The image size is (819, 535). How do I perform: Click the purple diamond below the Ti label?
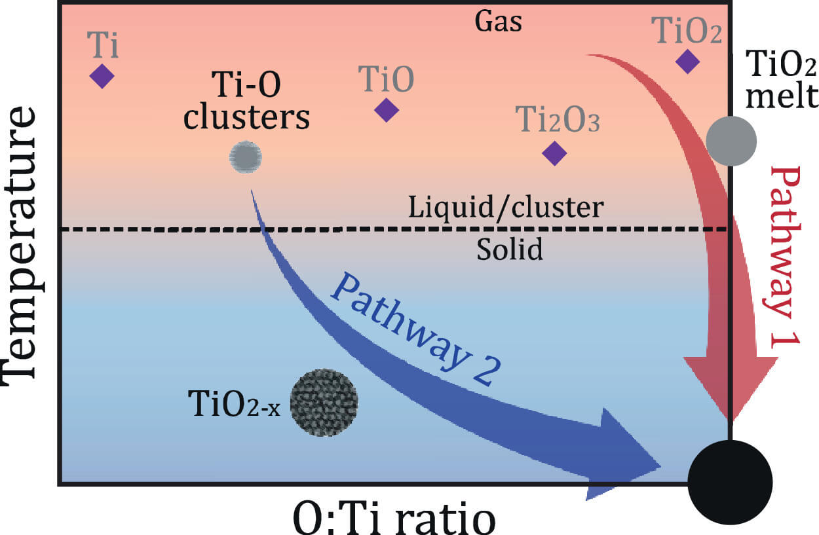click(x=102, y=76)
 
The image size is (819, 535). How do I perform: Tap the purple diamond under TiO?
click(x=387, y=109)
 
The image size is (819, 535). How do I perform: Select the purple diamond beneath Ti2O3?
click(x=555, y=153)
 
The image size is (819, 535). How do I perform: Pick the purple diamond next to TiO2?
click(x=687, y=61)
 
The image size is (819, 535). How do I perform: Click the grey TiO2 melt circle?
click(x=731, y=140)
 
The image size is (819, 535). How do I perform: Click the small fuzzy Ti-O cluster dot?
click(x=246, y=157)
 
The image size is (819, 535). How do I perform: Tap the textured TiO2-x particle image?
click(x=324, y=402)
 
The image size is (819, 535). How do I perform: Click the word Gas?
click(x=499, y=22)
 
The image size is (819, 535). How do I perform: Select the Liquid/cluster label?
click(x=505, y=208)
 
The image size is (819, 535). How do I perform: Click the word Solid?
click(x=509, y=249)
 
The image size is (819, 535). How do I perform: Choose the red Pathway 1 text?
click(x=786, y=262)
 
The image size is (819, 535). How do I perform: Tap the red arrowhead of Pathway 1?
click(x=730, y=386)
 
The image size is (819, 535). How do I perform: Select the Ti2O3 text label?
click(x=558, y=120)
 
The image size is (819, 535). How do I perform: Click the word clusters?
click(x=246, y=118)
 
